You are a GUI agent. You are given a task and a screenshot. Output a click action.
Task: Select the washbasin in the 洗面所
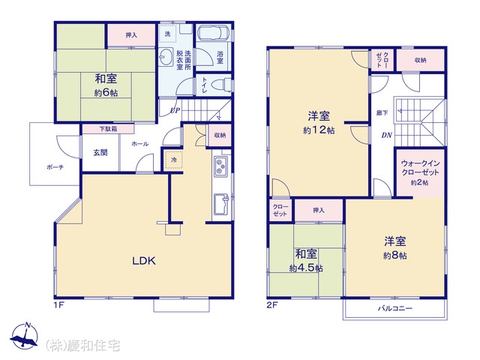tap(166, 57)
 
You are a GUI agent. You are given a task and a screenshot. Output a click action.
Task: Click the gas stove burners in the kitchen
tap(220, 166)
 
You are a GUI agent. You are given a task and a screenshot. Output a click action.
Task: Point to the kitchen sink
tap(221, 204)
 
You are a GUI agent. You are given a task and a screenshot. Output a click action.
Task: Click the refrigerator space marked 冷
tap(173, 160)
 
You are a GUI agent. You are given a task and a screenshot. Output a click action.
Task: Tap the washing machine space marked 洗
tap(168, 34)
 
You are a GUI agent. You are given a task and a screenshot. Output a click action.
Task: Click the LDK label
tap(144, 260)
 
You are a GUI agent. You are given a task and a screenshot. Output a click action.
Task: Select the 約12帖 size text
tap(319, 130)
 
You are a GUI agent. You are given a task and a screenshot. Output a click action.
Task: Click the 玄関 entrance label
tap(100, 152)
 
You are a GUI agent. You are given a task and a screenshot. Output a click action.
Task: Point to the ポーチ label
tap(55, 167)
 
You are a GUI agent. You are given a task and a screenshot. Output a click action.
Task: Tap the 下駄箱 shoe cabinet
tap(108, 129)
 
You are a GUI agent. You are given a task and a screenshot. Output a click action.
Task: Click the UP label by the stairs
tap(175, 110)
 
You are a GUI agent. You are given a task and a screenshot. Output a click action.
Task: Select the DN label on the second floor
tap(387, 135)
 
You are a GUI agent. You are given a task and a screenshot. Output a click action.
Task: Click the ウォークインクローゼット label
tap(420, 168)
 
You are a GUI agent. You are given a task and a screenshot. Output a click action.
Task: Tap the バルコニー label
tap(394, 308)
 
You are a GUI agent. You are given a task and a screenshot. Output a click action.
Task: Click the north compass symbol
tap(24, 336)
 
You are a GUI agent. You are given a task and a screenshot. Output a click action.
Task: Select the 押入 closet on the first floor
tap(131, 35)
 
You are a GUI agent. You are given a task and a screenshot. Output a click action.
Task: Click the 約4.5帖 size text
tap(306, 268)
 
